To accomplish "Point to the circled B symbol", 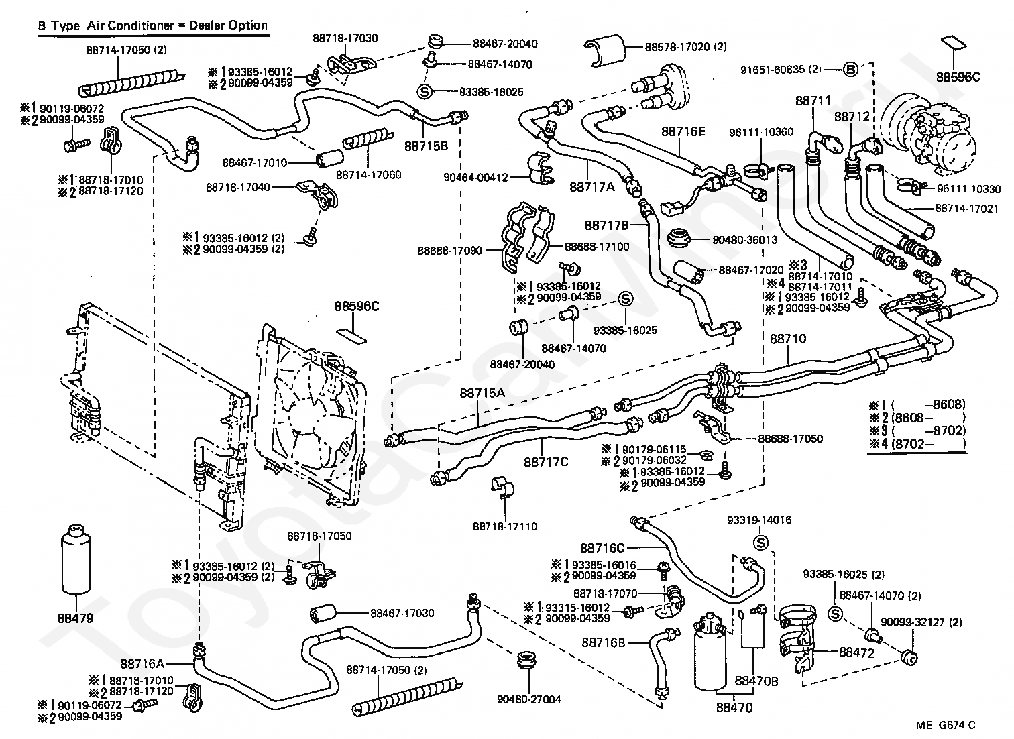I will coord(850,69).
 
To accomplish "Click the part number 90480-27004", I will coord(529,699).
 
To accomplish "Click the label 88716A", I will coord(142,664).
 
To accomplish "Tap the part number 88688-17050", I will coord(791,439).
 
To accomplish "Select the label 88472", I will coord(857,652).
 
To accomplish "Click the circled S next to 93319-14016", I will coord(760,543).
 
